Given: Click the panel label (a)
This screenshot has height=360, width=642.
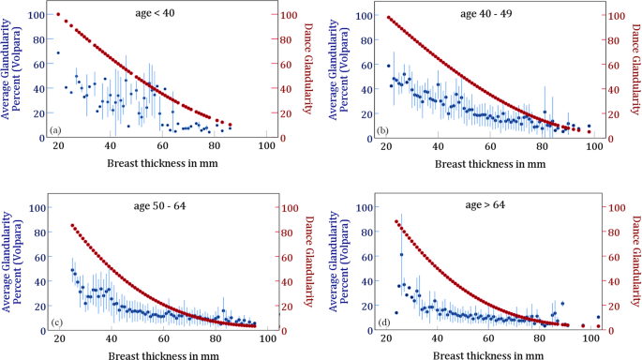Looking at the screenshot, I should [55, 129].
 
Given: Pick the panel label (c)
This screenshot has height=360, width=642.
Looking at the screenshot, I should [55, 322].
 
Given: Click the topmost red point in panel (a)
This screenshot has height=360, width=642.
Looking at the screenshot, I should [58, 15].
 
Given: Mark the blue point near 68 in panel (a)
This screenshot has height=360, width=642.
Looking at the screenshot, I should [58, 53].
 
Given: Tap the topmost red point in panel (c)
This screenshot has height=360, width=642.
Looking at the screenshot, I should [72, 226].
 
